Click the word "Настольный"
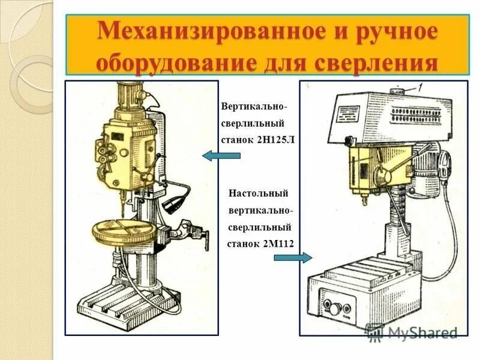259,193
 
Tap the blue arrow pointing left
221,157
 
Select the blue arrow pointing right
293,258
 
